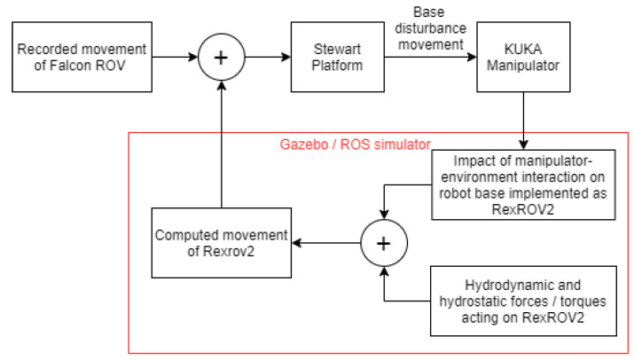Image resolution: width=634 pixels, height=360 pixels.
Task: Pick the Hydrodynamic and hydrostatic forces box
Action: [524, 301]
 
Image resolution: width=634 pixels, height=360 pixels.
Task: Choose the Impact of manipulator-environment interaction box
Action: [524, 184]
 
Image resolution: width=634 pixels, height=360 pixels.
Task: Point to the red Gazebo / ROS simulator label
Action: [355, 143]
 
